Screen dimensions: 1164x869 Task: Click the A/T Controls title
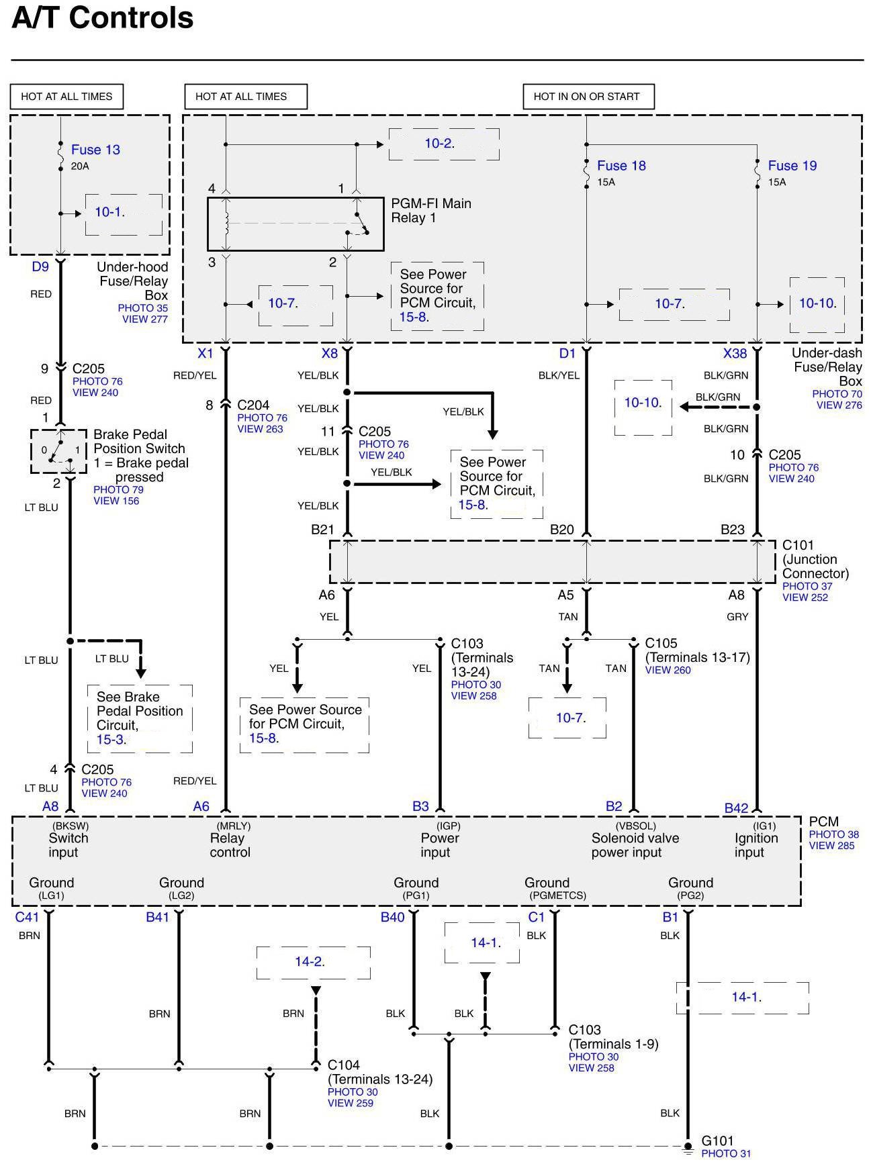pos(103,18)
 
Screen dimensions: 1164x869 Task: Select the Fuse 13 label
pos(95,150)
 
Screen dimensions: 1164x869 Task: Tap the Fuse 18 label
pos(621,166)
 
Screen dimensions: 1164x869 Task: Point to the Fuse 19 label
pos(792,166)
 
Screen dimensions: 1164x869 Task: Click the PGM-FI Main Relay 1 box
pos(295,224)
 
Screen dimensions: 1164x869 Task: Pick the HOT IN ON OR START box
pos(588,97)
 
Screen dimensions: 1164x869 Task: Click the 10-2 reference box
pos(444,144)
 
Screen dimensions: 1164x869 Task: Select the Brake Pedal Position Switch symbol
pos(58,451)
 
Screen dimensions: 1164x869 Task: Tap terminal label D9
pos(40,267)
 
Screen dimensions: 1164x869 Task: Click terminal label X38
pos(735,353)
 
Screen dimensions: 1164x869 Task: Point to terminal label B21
pos(322,530)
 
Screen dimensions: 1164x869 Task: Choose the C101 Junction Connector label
pos(815,559)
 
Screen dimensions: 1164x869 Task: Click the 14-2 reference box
pos(313,962)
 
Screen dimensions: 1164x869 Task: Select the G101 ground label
pos(717,1141)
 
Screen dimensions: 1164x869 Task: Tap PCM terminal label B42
pos(736,808)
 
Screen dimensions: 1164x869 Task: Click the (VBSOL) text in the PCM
pos(635,826)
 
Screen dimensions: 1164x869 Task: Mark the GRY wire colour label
pos(737,617)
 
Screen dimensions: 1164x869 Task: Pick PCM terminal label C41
pos(28,917)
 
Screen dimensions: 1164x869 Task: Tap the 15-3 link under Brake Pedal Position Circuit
pos(110,740)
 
